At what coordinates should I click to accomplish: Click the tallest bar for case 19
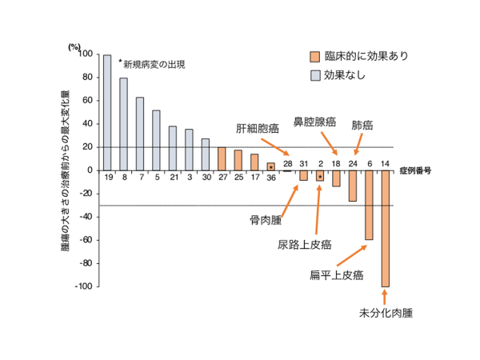[x=107, y=112]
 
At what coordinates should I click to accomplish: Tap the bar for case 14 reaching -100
[x=385, y=232]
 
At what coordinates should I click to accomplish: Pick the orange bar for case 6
[x=369, y=208]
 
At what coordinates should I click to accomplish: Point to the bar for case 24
[x=353, y=190]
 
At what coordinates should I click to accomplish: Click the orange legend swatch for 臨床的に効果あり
[x=314, y=57]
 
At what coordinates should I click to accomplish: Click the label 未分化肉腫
[x=380, y=314]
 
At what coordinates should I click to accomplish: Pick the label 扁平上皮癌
[x=337, y=275]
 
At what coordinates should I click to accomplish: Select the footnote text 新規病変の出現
[x=155, y=65]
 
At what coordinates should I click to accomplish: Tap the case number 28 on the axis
[x=287, y=164]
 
